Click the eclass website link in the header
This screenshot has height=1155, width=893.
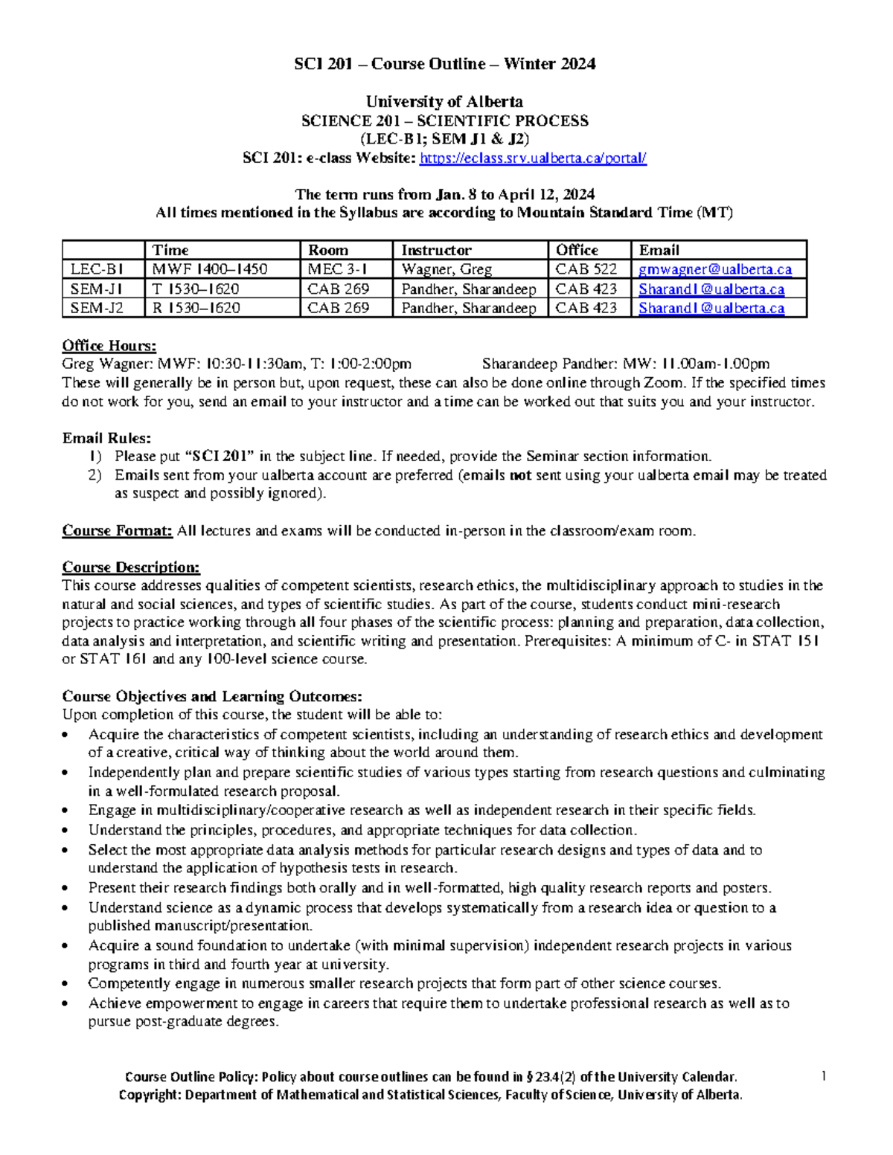[x=533, y=158]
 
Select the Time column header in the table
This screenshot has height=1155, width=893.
[x=170, y=250]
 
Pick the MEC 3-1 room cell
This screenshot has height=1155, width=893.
[x=337, y=269]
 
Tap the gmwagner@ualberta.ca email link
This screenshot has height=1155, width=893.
[x=714, y=269]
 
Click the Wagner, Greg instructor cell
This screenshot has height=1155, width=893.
[x=446, y=269]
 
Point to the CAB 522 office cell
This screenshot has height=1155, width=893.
[x=586, y=269]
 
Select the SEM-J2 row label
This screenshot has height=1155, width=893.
[x=97, y=308]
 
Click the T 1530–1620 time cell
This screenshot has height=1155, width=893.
[x=196, y=289]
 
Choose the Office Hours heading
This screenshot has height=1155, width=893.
[x=109, y=345]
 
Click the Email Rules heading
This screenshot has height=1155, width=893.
[x=106, y=438]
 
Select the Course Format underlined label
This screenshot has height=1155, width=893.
[x=117, y=531]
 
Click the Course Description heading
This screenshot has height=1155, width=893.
[x=131, y=567]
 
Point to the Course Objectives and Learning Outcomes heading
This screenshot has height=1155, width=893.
[x=212, y=697]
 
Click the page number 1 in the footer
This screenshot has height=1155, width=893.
[x=824, y=1075]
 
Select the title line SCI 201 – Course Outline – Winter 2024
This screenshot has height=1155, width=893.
[x=444, y=64]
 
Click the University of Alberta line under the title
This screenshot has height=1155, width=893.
[x=444, y=102]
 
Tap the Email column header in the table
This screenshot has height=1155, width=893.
[x=659, y=250]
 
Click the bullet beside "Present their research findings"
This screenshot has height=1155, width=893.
[x=67, y=888]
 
